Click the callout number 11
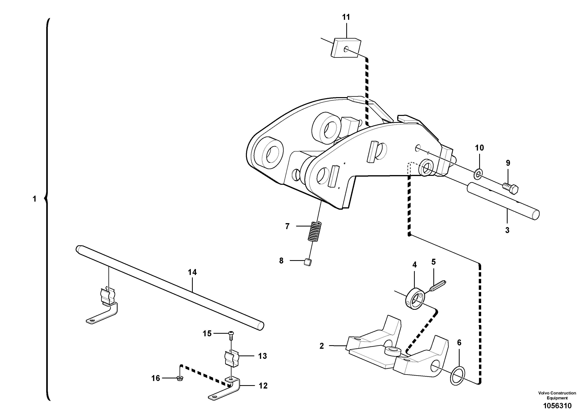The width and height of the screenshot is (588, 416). coord(346,17)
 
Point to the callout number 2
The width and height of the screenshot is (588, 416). coord(322,346)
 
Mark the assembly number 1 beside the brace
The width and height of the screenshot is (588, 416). coord(35,199)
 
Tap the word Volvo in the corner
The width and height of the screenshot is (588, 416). coord(544,393)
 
